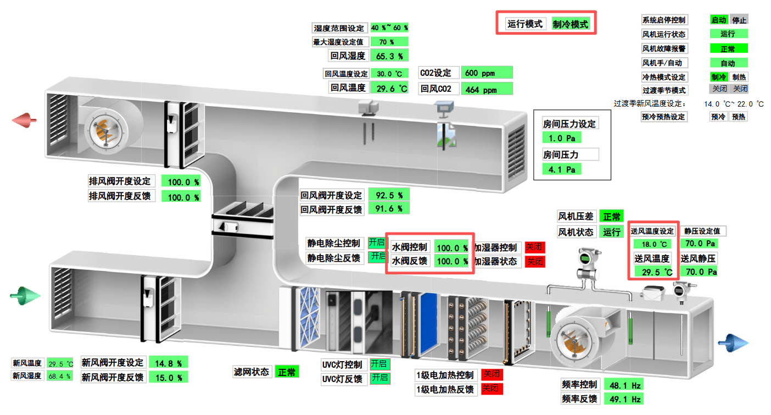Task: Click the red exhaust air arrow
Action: (x=25, y=119)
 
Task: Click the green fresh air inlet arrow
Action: (x=25, y=297)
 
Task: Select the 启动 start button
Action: (x=718, y=20)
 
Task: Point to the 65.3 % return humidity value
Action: (x=389, y=56)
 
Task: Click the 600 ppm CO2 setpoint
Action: (x=487, y=73)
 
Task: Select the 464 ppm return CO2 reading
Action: (x=487, y=89)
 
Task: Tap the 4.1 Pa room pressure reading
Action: (x=562, y=169)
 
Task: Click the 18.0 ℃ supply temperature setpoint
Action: (x=651, y=244)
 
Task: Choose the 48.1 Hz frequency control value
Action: (x=624, y=384)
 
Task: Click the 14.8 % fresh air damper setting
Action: (x=168, y=363)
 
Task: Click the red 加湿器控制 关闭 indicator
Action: (x=535, y=247)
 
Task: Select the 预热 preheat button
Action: (x=739, y=117)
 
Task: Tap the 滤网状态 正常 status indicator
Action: (x=287, y=372)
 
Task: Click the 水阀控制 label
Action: (x=409, y=247)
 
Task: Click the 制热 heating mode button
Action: (x=739, y=78)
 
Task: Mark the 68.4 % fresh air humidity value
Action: (x=59, y=376)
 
